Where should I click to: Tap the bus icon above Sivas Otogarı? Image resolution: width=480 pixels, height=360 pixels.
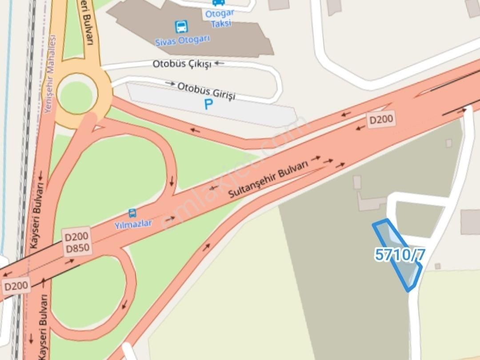tap(181, 27)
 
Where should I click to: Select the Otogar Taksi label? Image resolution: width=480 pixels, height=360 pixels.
tap(220, 18)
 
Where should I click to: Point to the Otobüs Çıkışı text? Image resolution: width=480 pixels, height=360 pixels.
tap(182, 64)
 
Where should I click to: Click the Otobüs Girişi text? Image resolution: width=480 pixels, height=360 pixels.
tap(206, 90)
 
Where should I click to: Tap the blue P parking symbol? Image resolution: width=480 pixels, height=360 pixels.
tap(208, 104)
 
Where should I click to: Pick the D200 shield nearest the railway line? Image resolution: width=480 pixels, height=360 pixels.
tap(16, 286)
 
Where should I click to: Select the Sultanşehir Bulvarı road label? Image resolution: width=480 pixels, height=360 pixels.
tap(268, 180)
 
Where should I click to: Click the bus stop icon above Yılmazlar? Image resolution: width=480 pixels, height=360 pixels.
tap(132, 213)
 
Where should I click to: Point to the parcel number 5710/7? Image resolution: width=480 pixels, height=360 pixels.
tap(400, 255)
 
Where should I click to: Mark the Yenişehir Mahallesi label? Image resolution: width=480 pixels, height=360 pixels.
tap(50, 73)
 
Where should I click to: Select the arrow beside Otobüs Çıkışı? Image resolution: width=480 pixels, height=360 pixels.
tap(220, 64)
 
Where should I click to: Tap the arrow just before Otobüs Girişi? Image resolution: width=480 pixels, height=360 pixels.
tap(170, 83)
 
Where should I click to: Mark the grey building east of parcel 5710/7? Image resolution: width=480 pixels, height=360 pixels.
tap(470, 222)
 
